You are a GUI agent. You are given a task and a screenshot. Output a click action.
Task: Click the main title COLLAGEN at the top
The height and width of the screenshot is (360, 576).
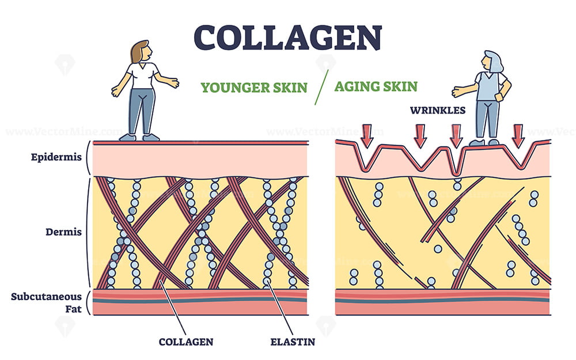point(287,37)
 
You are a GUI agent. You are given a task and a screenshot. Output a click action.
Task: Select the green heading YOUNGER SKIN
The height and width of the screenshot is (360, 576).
point(254,88)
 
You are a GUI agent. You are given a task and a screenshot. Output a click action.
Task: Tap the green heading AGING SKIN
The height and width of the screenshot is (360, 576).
point(376,86)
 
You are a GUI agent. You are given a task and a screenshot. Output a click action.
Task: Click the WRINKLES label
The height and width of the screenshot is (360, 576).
point(438,110)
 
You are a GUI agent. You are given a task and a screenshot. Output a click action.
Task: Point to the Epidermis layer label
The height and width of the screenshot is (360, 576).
point(56,157)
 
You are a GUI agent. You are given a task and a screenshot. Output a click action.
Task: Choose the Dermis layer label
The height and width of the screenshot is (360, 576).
point(63,232)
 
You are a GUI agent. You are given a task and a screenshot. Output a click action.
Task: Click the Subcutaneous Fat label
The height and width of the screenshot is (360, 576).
point(46,302)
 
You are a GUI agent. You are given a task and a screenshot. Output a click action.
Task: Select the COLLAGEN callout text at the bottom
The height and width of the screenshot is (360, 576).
point(186,342)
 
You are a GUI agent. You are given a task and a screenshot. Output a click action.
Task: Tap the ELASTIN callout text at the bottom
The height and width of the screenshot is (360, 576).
point(293,342)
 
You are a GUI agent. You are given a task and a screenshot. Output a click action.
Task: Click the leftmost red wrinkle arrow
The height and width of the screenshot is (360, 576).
point(366,135)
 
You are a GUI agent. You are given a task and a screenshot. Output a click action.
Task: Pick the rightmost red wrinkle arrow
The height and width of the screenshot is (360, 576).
point(518,135)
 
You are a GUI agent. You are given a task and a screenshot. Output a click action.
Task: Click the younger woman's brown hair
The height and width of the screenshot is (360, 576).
point(137,52)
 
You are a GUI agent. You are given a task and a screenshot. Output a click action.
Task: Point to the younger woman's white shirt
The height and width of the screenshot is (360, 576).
point(142,75)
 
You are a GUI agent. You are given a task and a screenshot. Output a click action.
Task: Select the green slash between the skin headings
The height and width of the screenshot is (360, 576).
point(321,87)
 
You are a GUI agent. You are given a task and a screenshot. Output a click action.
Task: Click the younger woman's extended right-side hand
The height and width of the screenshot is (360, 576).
point(173,83)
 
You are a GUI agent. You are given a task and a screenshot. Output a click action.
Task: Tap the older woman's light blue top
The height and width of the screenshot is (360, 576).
point(489,86)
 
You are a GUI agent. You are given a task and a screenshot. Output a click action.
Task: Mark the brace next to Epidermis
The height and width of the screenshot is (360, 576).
point(88,157)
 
